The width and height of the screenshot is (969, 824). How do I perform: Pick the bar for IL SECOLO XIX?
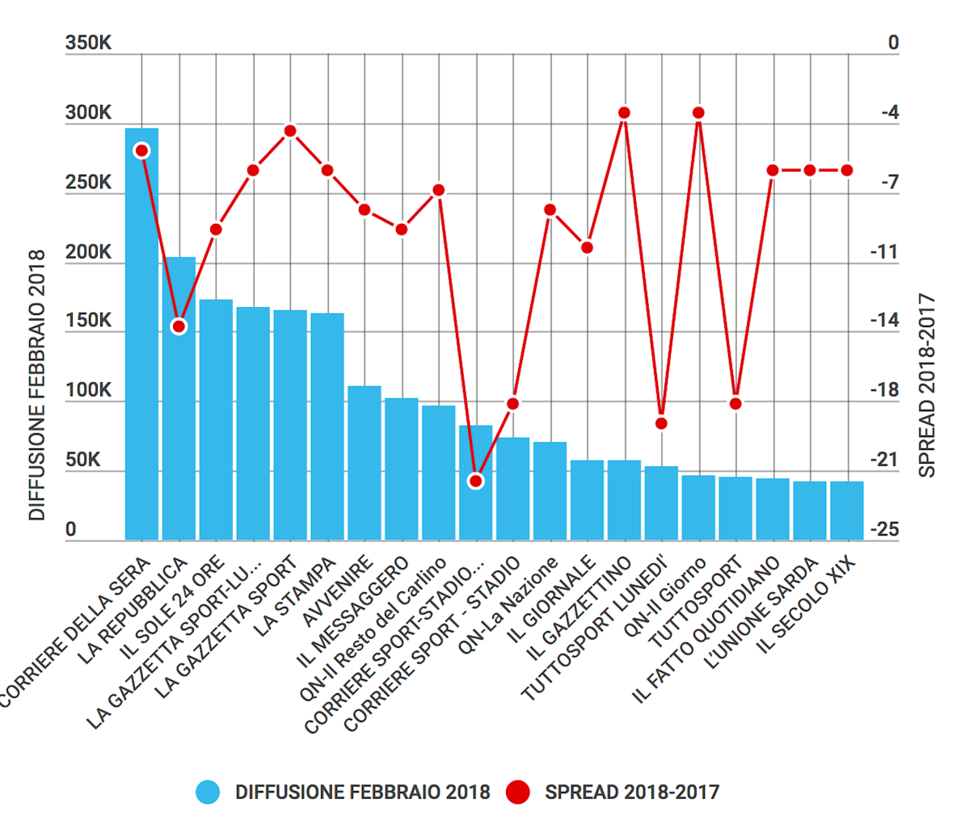pos(846,511)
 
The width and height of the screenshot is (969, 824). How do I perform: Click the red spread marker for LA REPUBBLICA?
pos(179,326)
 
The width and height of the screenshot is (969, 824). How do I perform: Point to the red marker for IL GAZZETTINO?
pos(624,113)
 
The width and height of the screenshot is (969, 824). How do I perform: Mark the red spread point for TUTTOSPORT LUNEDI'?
pos(661,423)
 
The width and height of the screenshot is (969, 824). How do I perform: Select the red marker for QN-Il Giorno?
pos(698,113)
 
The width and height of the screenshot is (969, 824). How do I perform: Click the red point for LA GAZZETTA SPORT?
pos(290,131)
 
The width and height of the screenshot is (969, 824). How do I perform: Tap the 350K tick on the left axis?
pos(89,43)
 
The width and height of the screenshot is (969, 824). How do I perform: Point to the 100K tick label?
pos(89,391)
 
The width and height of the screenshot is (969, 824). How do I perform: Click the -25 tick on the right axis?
pos(885,529)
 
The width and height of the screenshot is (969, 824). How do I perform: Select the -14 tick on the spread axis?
pos(885,321)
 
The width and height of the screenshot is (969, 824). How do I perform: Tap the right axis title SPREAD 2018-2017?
pos(928,385)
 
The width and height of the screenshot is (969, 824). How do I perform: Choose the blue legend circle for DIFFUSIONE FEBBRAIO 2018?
pos(208,792)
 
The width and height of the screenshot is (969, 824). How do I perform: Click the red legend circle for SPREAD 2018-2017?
pos(518,792)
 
